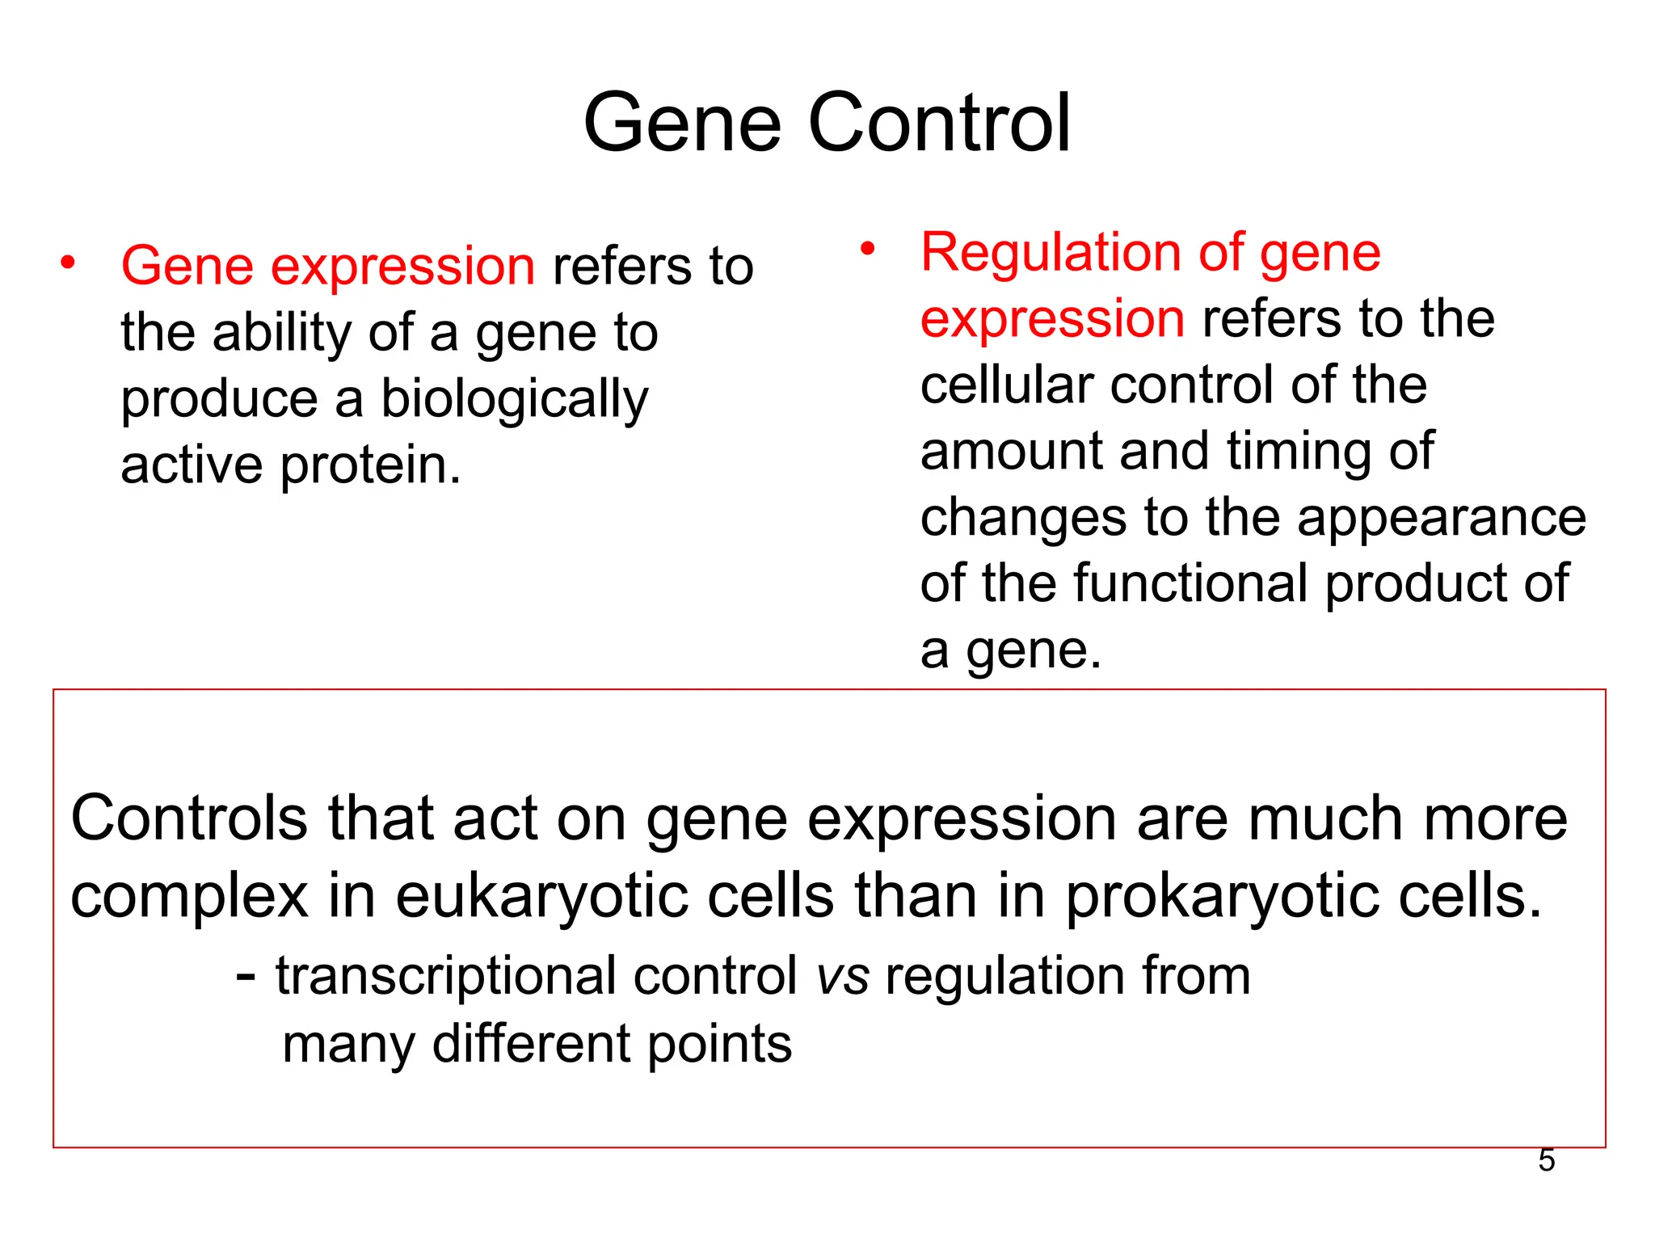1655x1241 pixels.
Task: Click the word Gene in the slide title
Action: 683,123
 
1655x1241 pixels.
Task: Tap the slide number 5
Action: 1546,1160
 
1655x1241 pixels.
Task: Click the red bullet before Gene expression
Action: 68,263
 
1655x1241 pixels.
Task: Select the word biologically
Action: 514,400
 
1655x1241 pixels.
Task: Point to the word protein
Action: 370,467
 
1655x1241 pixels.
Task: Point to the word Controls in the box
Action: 189,819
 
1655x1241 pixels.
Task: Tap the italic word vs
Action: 843,977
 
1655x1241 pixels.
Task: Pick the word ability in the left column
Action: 281,334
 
